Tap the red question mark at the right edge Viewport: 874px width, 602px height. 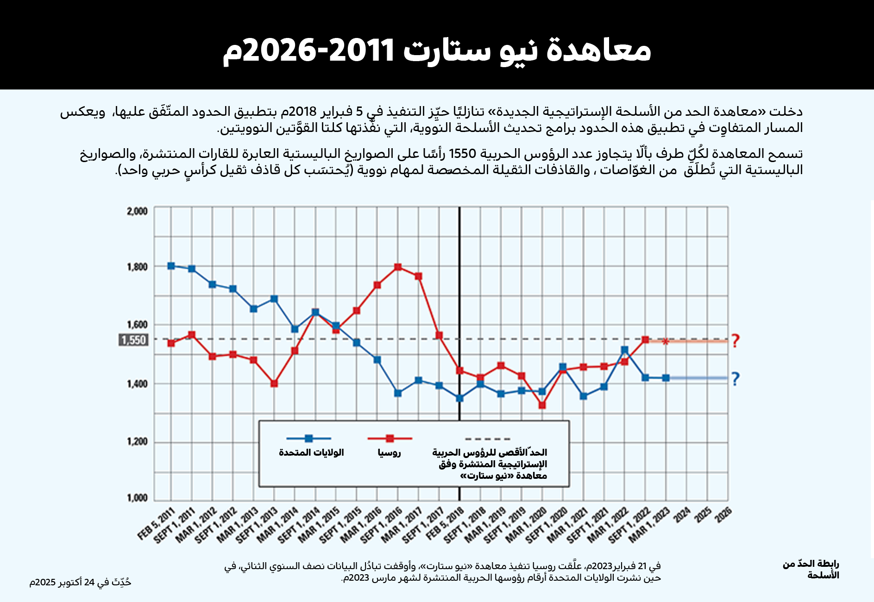click(735, 341)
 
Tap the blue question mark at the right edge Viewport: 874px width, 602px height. click(735, 379)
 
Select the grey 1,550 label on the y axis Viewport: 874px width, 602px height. click(133, 340)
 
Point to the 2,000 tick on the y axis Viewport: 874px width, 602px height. click(137, 212)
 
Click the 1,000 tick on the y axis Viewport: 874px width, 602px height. click(137, 498)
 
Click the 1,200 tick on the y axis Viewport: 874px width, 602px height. click(137, 442)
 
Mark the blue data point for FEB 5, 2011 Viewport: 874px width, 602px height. click(171, 266)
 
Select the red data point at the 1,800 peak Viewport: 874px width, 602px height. click(398, 267)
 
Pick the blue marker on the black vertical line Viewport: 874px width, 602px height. click(459, 398)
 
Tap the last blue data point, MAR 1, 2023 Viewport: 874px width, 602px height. click(666, 378)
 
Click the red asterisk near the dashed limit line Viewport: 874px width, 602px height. click(666, 342)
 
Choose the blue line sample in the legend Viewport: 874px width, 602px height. click(308, 439)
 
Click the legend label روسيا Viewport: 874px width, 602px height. click(389, 453)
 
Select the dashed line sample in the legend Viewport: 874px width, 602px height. click(488, 439)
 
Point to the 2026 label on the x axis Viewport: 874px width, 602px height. click(723, 514)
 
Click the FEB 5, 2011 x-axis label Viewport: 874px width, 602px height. click(157, 524)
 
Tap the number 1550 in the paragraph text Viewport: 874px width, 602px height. click(463, 153)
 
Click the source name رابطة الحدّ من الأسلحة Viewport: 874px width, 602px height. click(811, 569)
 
